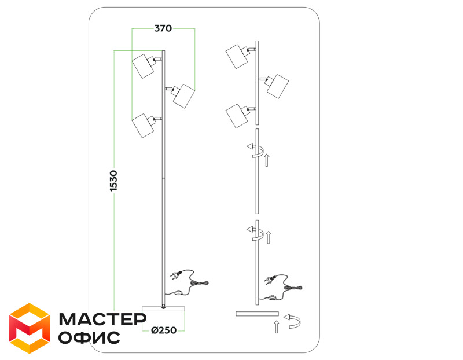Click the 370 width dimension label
pyautogui.click(x=163, y=28)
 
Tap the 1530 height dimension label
pyautogui.click(x=113, y=181)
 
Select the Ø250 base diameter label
pyautogui.click(x=164, y=330)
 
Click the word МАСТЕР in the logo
pyautogui.click(x=102, y=319)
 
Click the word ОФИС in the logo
pyautogui.click(x=89, y=337)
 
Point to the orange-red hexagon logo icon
pyautogui.click(x=30, y=328)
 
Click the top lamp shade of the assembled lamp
pyautogui.click(x=143, y=66)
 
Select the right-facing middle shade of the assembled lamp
pyautogui.click(x=183, y=96)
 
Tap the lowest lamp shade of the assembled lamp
pyautogui.click(x=143, y=126)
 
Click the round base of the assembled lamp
pyautogui.click(x=163, y=309)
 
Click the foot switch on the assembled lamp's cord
pyautogui.click(x=178, y=293)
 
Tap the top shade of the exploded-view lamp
pyautogui.click(x=237, y=57)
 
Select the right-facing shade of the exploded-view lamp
pyautogui.click(x=278, y=86)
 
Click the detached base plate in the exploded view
pyautogui.click(x=257, y=314)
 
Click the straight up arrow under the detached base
pyautogui.click(x=277, y=327)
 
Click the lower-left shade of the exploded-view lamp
pyautogui.click(x=237, y=116)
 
